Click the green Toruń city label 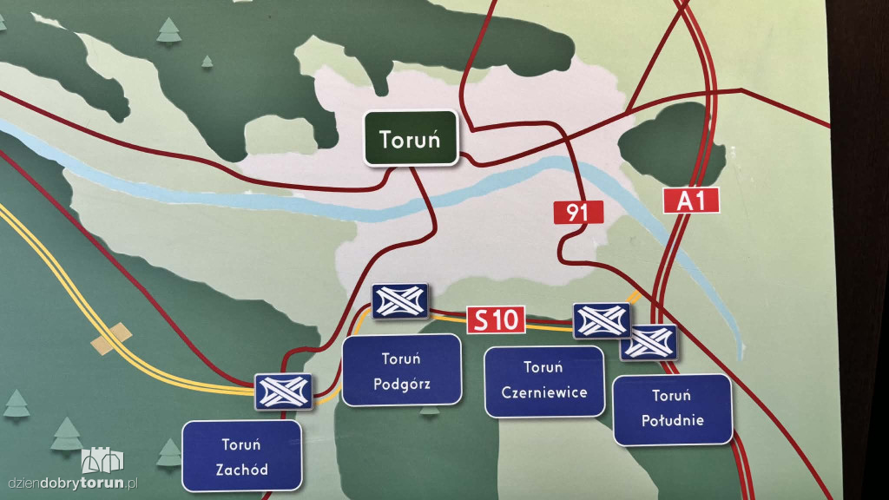411,137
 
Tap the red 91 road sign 578,213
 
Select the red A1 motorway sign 692,201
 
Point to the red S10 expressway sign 496,320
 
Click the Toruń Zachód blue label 241,457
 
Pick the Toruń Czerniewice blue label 544,381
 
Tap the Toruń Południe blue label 672,409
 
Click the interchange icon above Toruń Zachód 283,392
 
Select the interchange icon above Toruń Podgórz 399,300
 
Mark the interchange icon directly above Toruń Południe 649,342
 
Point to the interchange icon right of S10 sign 602,320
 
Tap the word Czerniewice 544,391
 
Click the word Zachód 241,470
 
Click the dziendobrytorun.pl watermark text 73,484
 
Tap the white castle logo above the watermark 102,460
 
